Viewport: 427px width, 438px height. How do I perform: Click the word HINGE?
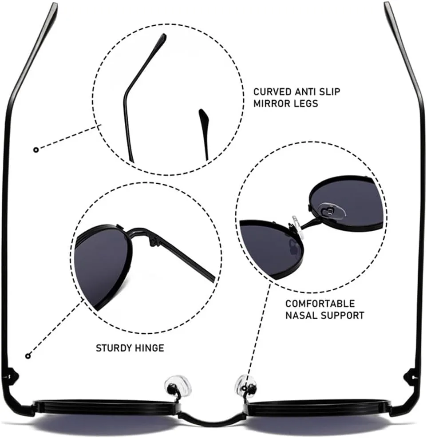(150, 348)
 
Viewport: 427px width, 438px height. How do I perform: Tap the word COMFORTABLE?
(320, 304)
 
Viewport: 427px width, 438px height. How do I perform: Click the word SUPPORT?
(342, 316)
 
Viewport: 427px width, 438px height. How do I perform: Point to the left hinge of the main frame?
(11, 377)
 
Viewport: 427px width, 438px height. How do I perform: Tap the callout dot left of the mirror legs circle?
(36, 150)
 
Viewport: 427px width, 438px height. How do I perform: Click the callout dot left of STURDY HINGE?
(28, 356)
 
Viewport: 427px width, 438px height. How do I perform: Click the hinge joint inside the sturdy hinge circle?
(153, 241)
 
